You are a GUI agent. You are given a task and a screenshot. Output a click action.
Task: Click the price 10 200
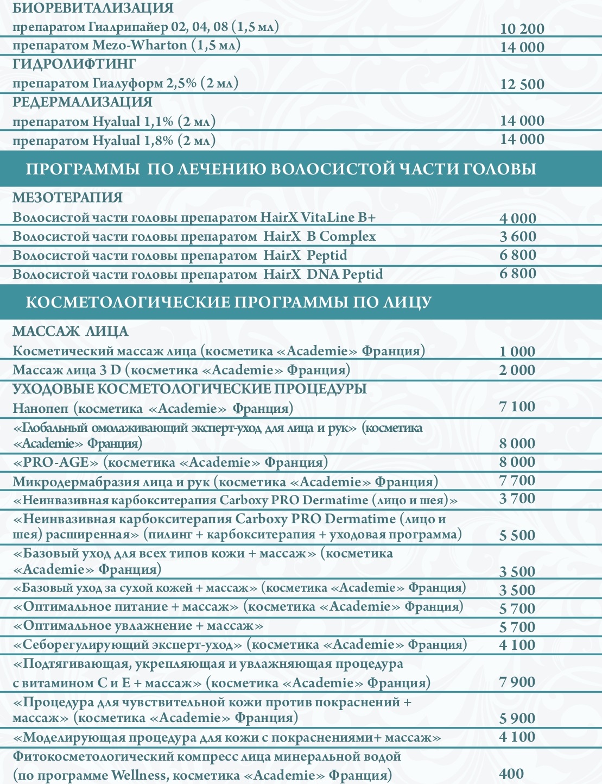(x=522, y=29)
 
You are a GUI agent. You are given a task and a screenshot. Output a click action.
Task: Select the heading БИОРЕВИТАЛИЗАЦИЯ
(x=93, y=8)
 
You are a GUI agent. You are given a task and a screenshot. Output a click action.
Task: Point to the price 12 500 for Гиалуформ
(x=522, y=84)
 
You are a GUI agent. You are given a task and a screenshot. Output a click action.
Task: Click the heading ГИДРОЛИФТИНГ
(x=74, y=64)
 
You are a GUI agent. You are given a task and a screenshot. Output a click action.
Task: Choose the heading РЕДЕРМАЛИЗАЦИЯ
(x=83, y=102)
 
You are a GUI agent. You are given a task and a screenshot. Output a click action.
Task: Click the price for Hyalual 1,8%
(x=522, y=140)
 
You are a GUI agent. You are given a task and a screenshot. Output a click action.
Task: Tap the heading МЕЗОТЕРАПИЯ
(x=67, y=198)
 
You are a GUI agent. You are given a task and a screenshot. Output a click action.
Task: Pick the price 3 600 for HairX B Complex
(x=517, y=236)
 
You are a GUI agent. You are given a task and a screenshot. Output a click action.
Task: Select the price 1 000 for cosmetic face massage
(x=517, y=352)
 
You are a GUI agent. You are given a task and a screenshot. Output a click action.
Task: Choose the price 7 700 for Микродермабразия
(x=517, y=480)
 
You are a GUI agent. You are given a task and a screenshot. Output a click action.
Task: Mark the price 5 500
(x=517, y=535)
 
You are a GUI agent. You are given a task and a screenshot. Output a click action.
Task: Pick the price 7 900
(x=517, y=682)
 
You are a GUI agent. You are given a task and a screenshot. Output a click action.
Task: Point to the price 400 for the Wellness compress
(x=511, y=774)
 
